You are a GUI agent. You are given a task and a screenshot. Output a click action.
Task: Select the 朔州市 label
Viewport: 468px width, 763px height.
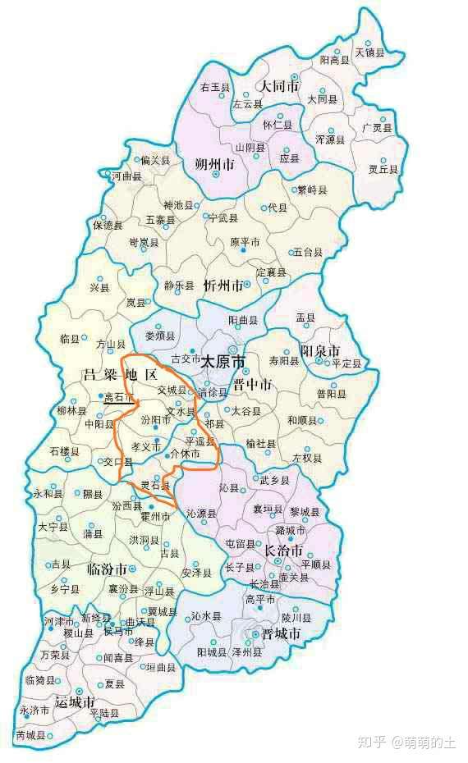click(215, 165)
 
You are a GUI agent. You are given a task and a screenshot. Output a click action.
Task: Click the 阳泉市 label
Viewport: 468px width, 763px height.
click(320, 351)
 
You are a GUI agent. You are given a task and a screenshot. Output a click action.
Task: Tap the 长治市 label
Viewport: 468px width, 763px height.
click(283, 551)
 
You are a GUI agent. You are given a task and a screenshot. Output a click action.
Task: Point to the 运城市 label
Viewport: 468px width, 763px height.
click(75, 702)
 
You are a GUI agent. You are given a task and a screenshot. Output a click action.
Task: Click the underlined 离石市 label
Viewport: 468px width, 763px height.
click(118, 397)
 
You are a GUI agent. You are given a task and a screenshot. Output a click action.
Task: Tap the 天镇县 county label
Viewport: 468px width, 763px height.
click(369, 53)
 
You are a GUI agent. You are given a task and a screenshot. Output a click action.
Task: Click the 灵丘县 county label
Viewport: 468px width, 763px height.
click(383, 169)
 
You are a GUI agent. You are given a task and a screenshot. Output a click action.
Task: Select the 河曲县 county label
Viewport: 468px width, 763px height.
click(127, 176)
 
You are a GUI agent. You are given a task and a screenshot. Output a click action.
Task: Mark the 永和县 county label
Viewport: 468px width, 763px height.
click(47, 494)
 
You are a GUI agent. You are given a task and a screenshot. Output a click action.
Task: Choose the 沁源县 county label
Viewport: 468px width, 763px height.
click(200, 514)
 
